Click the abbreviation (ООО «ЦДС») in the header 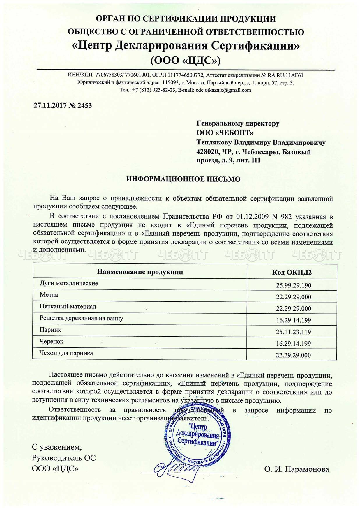(185, 60)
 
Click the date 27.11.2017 (50, 105)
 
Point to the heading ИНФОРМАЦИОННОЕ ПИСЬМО (183, 179)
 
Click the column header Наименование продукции (140, 272)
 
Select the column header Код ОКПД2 (292, 272)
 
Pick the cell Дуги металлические (69, 283)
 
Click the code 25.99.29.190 (293, 285)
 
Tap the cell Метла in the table (49, 295)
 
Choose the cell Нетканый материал (68, 306)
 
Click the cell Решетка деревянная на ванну (81, 318)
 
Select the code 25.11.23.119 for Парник (293, 332)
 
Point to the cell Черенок (52, 341)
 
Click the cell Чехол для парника (66, 353)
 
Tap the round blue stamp (197, 436)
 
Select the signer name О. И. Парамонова (297, 469)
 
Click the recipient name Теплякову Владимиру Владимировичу (261, 142)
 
